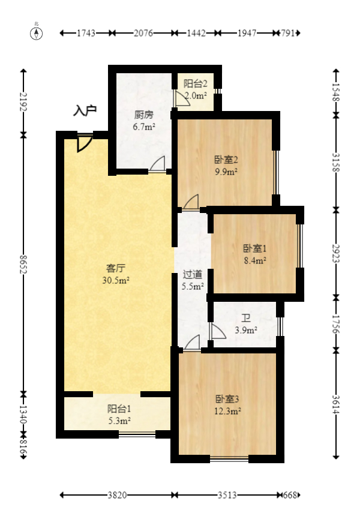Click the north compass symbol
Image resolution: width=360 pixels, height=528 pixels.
(x=37, y=33)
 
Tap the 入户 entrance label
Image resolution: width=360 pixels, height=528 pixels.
(x=85, y=110)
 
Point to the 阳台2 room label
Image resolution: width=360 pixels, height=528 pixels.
(x=195, y=84)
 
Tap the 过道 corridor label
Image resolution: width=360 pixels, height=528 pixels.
(x=193, y=275)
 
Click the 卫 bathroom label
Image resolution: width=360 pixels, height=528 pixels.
(x=245, y=319)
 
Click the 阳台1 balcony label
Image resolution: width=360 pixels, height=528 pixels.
(x=119, y=409)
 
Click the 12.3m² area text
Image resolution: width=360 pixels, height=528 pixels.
(x=228, y=411)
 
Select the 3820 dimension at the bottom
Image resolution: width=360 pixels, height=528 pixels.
(x=117, y=496)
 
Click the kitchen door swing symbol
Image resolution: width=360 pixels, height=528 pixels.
(x=158, y=164)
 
